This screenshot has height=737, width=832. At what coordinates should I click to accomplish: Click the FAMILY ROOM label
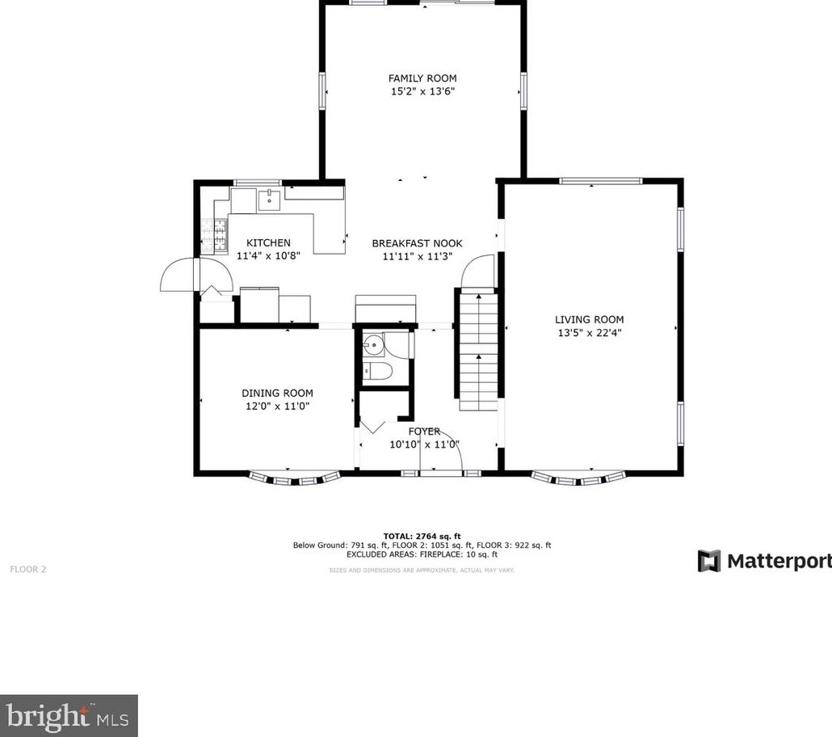pos(422,78)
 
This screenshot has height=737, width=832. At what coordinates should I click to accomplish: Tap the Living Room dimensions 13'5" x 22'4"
pos(590,333)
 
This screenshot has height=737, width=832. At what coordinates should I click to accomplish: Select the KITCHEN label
pos(268,242)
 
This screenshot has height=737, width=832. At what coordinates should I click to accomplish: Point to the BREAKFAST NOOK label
pos(417,243)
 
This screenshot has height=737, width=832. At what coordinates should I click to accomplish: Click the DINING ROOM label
pos(278,393)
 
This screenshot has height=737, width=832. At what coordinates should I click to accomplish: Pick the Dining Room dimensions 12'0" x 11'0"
pos(278,406)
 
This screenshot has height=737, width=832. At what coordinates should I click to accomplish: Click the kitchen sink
pos(270,200)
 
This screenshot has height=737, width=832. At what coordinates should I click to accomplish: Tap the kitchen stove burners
pos(214,234)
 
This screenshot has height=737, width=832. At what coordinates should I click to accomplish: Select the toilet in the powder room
pos(376,371)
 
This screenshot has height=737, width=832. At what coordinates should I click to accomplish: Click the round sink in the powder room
pos(375,344)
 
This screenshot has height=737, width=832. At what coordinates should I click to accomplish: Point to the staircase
pos(478,351)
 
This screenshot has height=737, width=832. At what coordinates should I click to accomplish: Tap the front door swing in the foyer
pos(442,449)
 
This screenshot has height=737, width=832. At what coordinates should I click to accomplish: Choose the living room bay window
pos(578,478)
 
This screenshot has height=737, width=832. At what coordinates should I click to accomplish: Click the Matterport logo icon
pos(709,561)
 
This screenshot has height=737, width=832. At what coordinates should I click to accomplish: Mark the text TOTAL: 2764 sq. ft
pos(422,537)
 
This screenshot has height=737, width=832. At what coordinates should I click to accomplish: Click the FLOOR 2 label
pos(28,569)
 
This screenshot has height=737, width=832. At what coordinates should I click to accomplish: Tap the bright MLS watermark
pos(68,716)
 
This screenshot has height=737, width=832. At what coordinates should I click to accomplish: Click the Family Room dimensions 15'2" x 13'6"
pos(423,91)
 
